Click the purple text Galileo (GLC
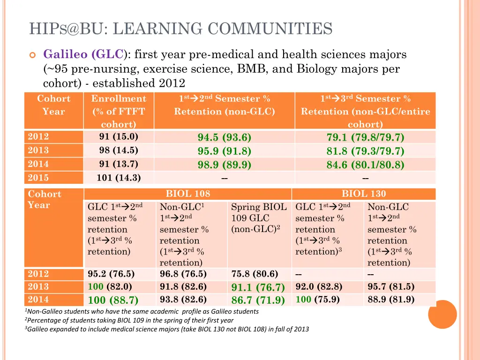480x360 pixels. pyautogui.click(x=84, y=54)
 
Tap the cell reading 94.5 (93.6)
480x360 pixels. pyautogui.click(x=224, y=137)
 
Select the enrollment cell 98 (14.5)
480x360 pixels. pyautogui.click(x=119, y=150)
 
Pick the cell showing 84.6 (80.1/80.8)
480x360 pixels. pyautogui.click(x=365, y=165)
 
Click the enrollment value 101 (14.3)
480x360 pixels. pyautogui.click(x=119, y=178)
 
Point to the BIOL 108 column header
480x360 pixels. pyautogui.click(x=188, y=194)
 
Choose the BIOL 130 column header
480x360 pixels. pyautogui.click(x=364, y=194)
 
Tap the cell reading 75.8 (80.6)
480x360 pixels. pyautogui.click(x=255, y=274)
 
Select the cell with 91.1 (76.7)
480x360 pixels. pyautogui.click(x=258, y=287)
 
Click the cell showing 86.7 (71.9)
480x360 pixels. pyautogui.click(x=258, y=300)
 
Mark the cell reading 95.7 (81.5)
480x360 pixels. pyautogui.click(x=391, y=287)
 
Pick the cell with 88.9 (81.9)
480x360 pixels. pyautogui.click(x=391, y=300)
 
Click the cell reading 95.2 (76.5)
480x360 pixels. pyautogui.click(x=111, y=274)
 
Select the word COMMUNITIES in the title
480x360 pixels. pyautogui.click(x=270, y=29)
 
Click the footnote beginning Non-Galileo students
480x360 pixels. pyautogui.click(x=142, y=311)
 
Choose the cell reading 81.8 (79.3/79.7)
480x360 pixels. pyautogui.click(x=365, y=151)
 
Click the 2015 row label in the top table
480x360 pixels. pyautogui.click(x=38, y=178)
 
